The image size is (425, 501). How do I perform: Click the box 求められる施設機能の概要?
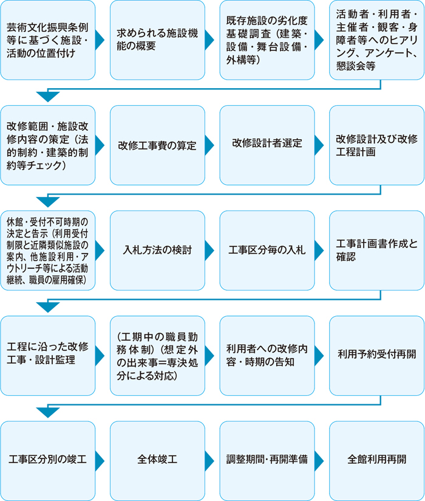[x=157, y=40]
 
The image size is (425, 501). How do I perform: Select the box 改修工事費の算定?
[x=157, y=145]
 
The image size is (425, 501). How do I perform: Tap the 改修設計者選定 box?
[x=267, y=145]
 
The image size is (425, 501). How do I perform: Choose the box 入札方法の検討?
[x=157, y=250]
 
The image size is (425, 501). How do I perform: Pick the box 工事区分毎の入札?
[x=267, y=250]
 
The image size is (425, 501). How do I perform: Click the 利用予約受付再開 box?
[x=377, y=356]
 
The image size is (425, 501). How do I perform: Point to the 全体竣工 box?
[x=157, y=461]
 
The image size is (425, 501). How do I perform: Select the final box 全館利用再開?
[x=377, y=461]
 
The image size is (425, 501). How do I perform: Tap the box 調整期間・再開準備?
[x=267, y=461]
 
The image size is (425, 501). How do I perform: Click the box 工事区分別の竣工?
[x=48, y=461]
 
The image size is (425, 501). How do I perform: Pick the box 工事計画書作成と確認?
[x=377, y=250]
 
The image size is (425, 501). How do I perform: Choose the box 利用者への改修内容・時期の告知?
[x=267, y=356]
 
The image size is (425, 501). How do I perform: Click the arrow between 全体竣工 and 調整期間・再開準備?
[x=209, y=461]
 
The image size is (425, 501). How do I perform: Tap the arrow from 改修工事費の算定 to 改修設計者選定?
[x=209, y=145]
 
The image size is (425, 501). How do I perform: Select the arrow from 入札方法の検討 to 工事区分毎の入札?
[x=209, y=250]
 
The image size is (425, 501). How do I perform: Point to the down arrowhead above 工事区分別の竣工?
[x=48, y=412]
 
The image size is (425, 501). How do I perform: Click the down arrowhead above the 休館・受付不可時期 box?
[x=48, y=202]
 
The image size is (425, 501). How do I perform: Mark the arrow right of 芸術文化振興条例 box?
[x=100, y=40]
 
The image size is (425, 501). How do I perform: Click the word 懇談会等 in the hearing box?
[x=356, y=66]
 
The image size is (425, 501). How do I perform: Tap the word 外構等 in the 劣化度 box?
[x=242, y=60]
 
